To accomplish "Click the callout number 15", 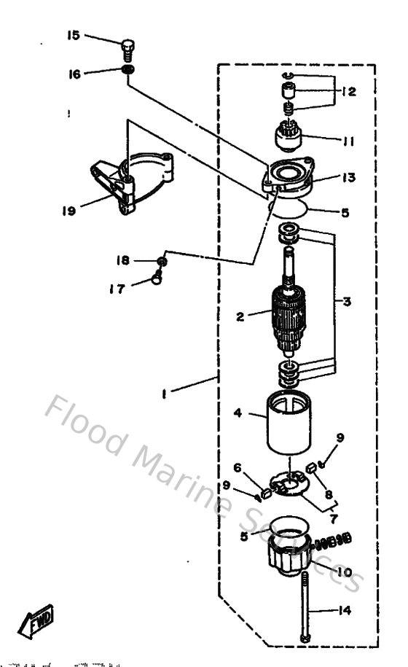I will click(x=74, y=35).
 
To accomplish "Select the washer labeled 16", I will click(x=128, y=71).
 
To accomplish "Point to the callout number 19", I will click(x=69, y=211).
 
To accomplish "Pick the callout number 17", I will click(x=117, y=289).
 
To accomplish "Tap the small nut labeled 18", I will click(x=162, y=262).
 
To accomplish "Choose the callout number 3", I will click(x=348, y=300).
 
